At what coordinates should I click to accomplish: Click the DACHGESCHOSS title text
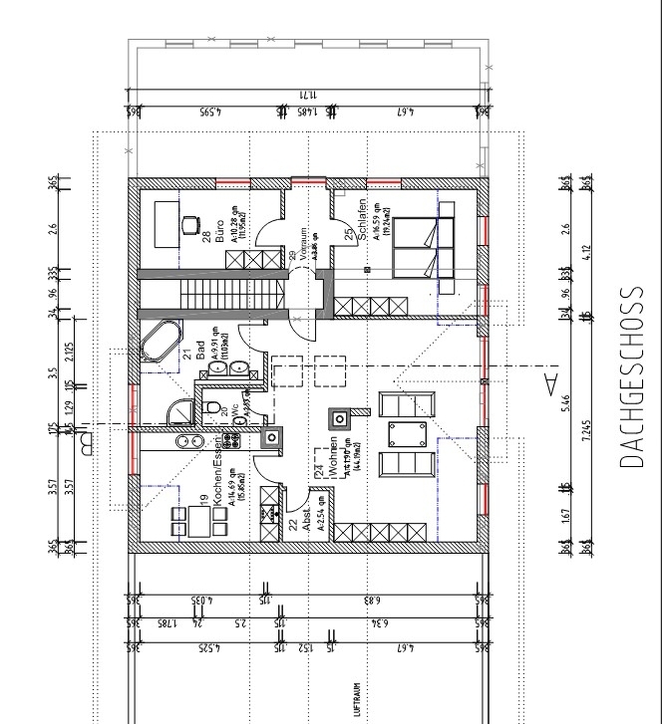pos(629,377)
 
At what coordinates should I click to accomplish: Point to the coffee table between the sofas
pos(408,434)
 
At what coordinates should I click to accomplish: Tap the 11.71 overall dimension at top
pos(306,94)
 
